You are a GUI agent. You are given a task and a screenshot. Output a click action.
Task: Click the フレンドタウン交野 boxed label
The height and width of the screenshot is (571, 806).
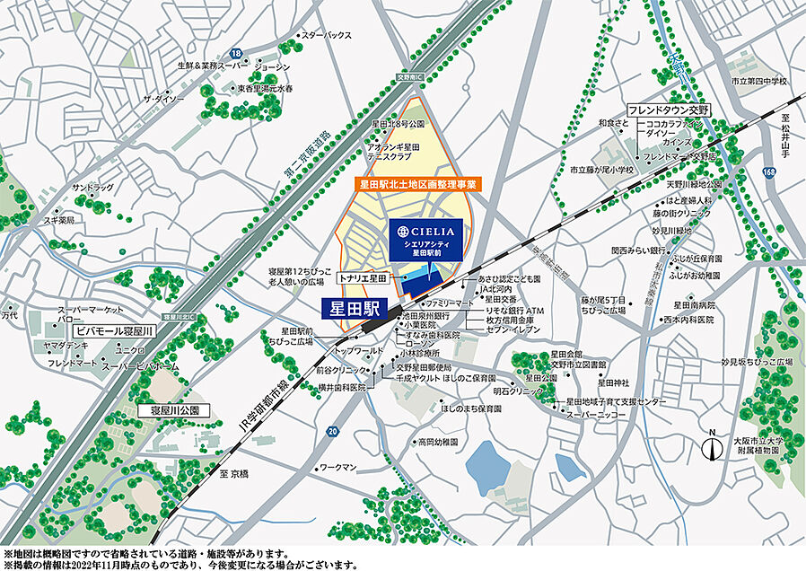tap(668, 110)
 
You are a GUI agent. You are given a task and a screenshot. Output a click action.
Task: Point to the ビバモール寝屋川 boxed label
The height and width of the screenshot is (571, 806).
tap(115, 331)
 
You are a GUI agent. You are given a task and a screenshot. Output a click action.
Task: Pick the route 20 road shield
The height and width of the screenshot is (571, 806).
tap(333, 431)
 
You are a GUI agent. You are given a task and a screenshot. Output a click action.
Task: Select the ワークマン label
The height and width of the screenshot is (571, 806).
tap(338, 468)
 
